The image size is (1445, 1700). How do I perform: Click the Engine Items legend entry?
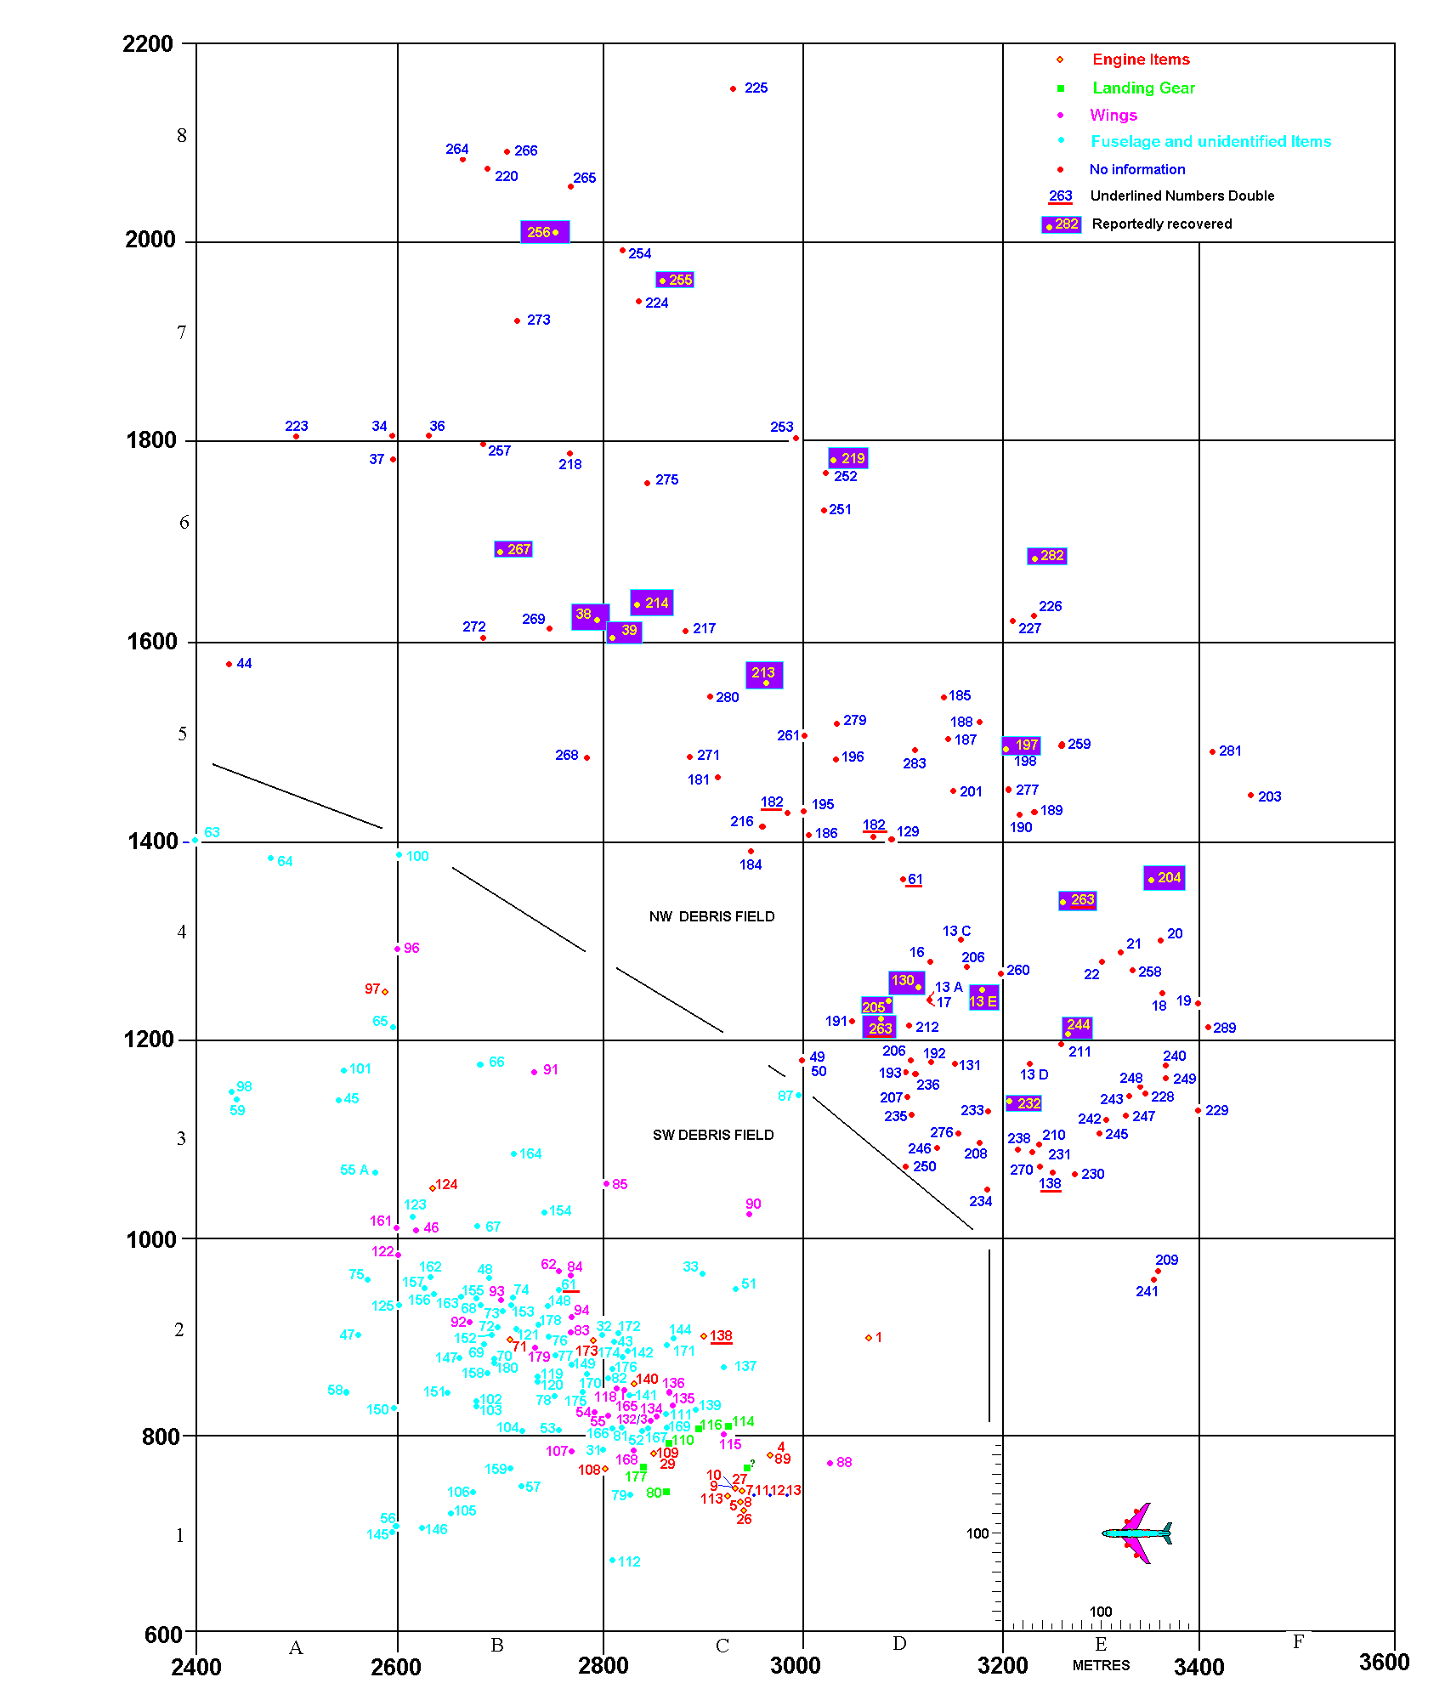tap(1141, 59)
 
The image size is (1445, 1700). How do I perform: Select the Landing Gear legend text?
tap(1143, 88)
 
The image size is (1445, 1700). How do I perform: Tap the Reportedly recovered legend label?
tap(1161, 224)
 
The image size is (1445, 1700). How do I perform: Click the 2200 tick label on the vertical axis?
tap(148, 44)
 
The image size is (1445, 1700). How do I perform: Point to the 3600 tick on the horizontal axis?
tap(1384, 1663)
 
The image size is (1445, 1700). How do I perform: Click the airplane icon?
tap(1137, 1533)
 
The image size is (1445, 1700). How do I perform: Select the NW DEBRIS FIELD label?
tap(711, 916)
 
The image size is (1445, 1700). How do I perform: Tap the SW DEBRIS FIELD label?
tap(713, 1135)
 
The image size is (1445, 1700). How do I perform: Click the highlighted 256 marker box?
tap(545, 232)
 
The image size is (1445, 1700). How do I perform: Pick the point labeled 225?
tap(734, 88)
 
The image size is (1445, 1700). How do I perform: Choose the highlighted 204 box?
tap(1164, 878)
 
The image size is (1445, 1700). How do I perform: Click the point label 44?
tap(244, 664)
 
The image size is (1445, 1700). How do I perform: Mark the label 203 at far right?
tap(1269, 796)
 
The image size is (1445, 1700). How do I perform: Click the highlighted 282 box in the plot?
tap(1046, 556)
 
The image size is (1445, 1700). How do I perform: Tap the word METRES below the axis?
tap(1101, 1665)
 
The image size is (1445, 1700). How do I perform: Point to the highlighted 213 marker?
tap(764, 675)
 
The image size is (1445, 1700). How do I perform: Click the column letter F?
tap(1298, 1641)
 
